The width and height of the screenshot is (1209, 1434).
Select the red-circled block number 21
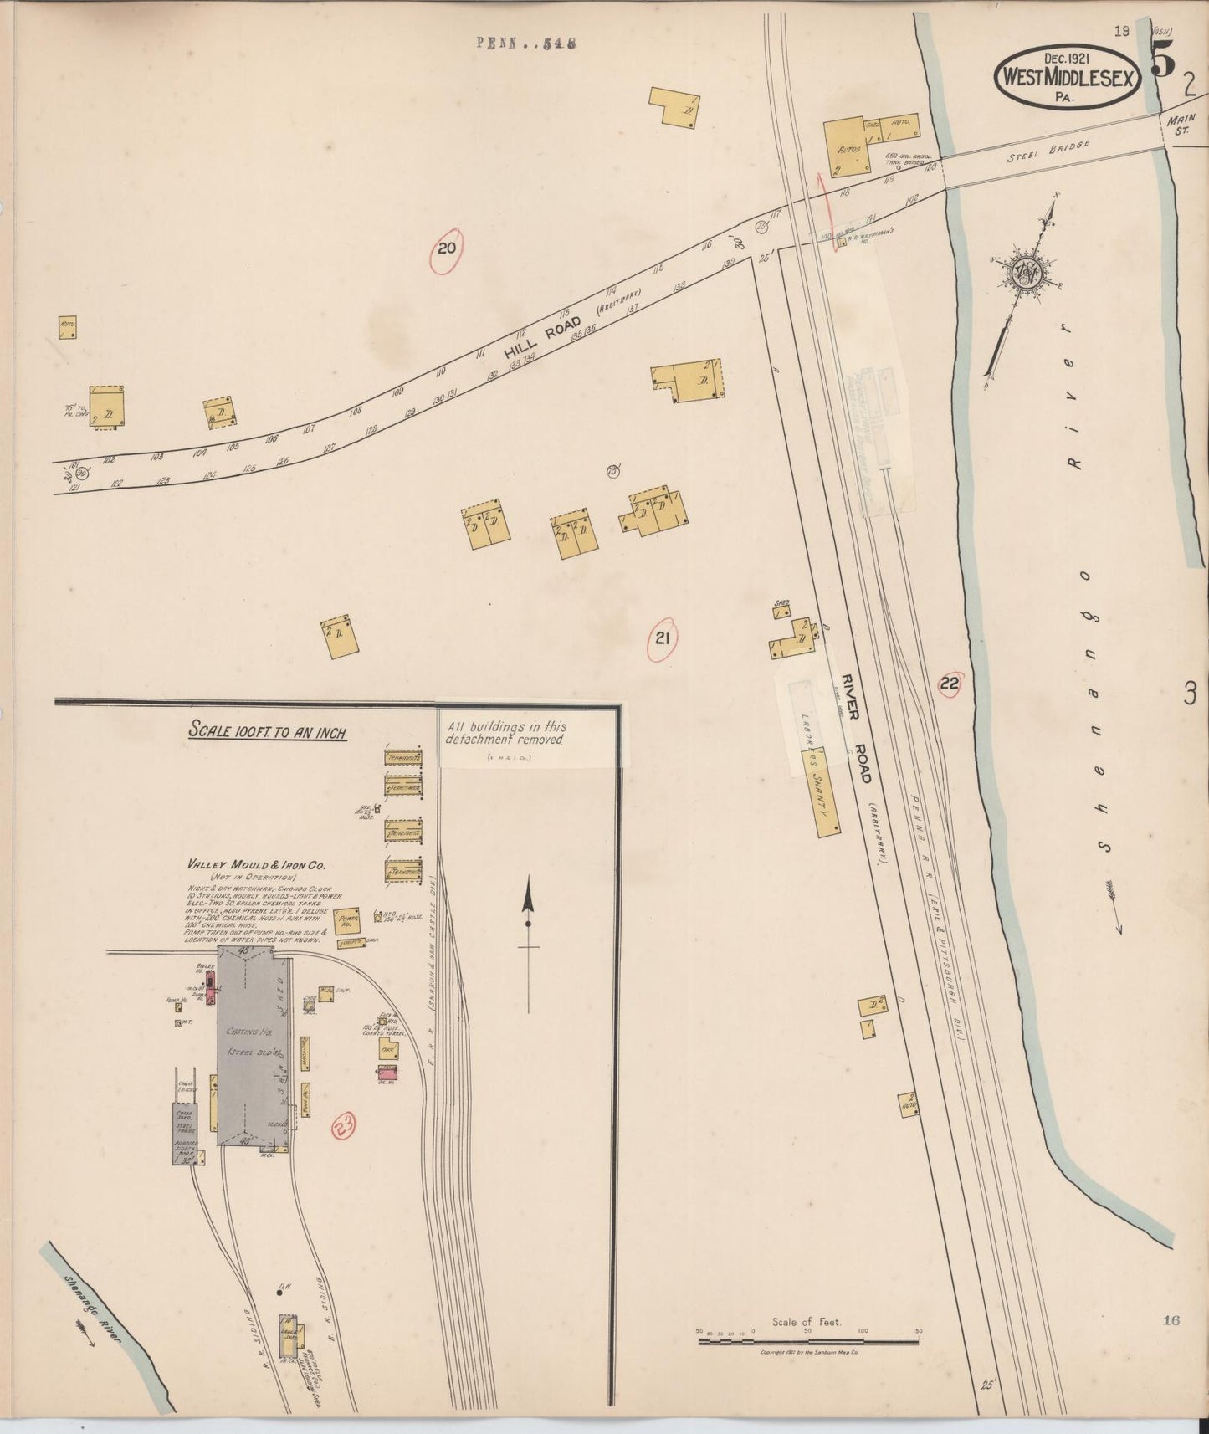[662, 640]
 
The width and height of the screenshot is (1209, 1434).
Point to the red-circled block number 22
[949, 684]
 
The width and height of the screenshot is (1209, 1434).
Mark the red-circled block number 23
[343, 1125]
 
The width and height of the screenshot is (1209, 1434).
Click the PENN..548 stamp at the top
[527, 45]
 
